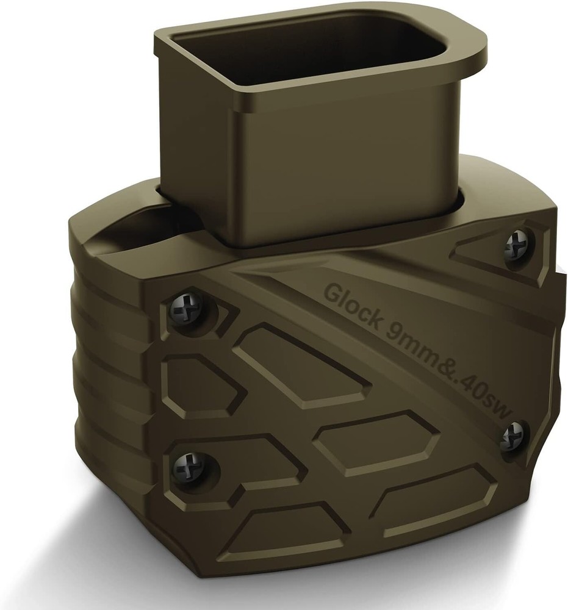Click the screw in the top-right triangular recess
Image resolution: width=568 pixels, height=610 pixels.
514,245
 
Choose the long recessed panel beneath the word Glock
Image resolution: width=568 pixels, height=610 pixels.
305,366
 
